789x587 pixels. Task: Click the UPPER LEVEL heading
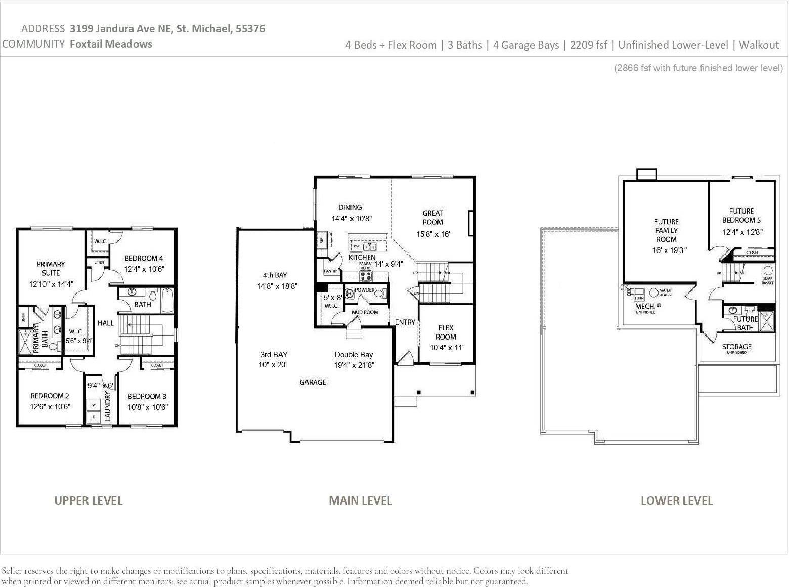88,500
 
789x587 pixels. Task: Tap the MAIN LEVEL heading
360,500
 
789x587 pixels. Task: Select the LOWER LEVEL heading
676,500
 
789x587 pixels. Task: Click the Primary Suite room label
51,268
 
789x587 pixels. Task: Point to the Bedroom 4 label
144,258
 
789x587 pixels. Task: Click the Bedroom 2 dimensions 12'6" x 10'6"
50,406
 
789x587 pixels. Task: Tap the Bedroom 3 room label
147,396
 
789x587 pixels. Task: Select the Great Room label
432,218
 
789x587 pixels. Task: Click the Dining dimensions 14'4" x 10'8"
352,219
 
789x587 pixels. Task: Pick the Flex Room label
446,332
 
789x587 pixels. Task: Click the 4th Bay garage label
275,275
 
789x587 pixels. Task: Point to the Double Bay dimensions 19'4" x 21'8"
354,365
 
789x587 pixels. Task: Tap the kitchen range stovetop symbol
365,276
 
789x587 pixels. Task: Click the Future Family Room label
666,230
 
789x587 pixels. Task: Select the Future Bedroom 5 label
741,216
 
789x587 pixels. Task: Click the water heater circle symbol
653,292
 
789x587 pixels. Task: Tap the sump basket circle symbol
767,270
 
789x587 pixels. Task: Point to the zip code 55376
250,28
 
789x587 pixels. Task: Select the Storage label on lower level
736,347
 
